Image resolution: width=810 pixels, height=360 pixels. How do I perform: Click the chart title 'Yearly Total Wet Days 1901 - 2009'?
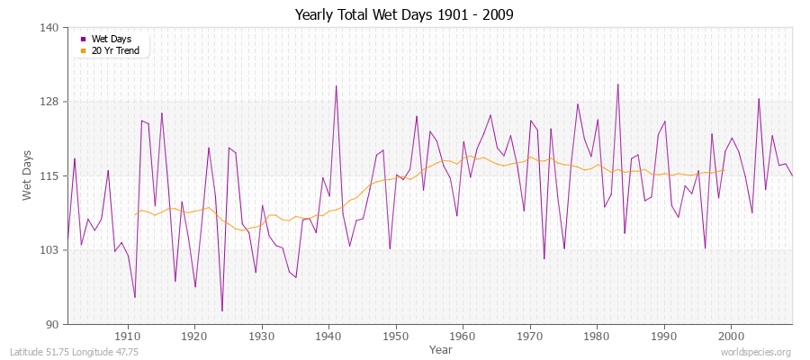pos(404,15)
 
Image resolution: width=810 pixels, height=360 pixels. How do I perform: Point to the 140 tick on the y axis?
pos(50,28)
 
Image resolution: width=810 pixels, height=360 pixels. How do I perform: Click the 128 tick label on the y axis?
pos(50,102)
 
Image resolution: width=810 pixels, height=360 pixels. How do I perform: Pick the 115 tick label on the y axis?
pos(50,175)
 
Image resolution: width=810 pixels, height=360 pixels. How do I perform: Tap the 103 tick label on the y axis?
pos(50,249)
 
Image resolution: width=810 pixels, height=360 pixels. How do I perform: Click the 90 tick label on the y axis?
pos(53,324)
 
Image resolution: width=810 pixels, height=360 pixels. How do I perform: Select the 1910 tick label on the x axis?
pos(128,336)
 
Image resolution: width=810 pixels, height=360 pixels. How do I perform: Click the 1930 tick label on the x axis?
pos(262,336)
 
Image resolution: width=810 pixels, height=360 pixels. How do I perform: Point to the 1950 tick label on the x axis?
pos(395,336)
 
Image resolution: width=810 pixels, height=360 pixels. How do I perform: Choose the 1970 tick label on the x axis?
pos(529,336)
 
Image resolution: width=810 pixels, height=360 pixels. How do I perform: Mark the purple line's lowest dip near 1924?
pos(221,311)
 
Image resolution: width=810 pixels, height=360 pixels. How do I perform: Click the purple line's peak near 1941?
pos(336,86)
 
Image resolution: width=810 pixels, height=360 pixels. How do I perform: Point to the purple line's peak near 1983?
pos(617,85)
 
